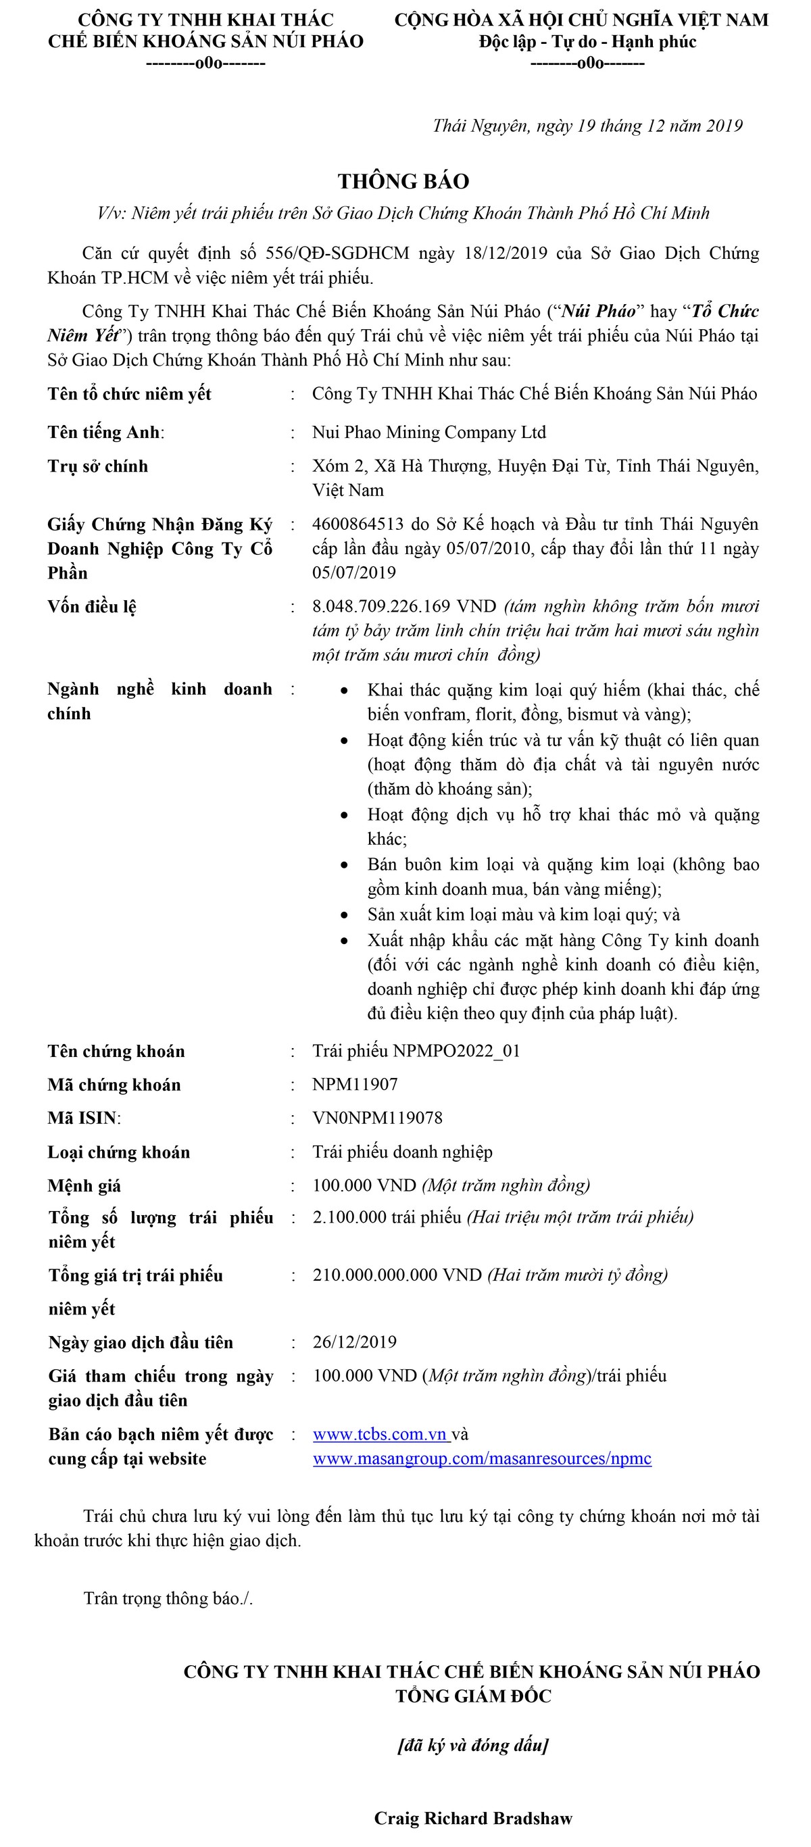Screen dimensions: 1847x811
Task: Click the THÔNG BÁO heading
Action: pyautogui.click(x=403, y=181)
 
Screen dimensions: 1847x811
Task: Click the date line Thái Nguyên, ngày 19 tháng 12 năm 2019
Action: pyautogui.click(x=587, y=126)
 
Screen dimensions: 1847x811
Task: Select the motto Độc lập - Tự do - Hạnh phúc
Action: pyautogui.click(x=587, y=42)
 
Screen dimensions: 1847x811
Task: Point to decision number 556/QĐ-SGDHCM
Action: pyautogui.click(x=337, y=253)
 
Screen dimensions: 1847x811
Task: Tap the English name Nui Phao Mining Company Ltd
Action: pyautogui.click(x=428, y=433)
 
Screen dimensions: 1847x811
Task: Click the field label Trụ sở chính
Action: pyautogui.click(x=98, y=466)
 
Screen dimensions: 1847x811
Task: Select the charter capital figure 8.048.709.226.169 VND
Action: pyautogui.click(x=404, y=607)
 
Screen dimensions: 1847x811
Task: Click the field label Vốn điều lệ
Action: pyautogui.click(x=92, y=607)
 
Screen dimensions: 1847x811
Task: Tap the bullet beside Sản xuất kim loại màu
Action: pyautogui.click(x=345, y=915)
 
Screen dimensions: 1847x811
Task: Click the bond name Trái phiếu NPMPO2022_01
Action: pyautogui.click(x=416, y=1051)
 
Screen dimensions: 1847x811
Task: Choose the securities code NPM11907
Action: pyautogui.click(x=355, y=1084)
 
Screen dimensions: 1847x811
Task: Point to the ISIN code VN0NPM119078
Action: pyautogui.click(x=377, y=1118)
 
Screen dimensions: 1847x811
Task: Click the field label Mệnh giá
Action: pyautogui.click(x=84, y=1186)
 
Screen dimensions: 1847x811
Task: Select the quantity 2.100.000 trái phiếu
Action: pyautogui.click(x=387, y=1217)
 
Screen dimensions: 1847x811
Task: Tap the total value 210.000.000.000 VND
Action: pyautogui.click(x=397, y=1275)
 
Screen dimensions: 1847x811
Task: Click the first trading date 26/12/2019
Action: pyautogui.click(x=355, y=1342)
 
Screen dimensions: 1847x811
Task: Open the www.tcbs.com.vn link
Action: pyautogui.click(x=380, y=1434)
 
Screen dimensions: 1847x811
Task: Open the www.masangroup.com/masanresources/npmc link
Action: pyautogui.click(x=482, y=1458)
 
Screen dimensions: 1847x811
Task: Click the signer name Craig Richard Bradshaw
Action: pyautogui.click(x=473, y=1819)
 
